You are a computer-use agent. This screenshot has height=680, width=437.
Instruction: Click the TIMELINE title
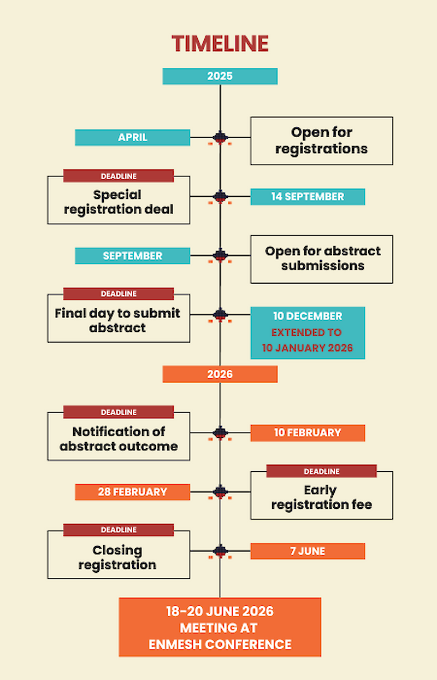tap(220, 44)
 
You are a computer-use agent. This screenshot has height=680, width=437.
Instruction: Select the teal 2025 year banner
tap(220, 76)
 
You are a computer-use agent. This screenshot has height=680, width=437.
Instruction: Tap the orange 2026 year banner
tap(220, 374)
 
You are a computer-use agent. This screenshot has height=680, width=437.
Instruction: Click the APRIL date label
tap(132, 137)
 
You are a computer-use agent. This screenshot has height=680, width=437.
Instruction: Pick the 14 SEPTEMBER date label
tap(308, 197)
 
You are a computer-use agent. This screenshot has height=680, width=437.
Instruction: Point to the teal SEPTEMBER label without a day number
tap(132, 256)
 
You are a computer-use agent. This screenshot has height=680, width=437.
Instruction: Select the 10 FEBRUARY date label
tap(308, 433)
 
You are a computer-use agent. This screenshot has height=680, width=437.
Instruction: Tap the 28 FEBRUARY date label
tap(132, 492)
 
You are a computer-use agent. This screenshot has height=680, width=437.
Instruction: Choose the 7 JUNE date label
tap(308, 551)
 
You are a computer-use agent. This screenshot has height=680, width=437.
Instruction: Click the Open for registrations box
tap(321, 140)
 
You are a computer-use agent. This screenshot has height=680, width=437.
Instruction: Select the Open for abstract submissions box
tap(321, 259)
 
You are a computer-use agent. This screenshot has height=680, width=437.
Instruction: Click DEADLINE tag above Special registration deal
tap(119, 176)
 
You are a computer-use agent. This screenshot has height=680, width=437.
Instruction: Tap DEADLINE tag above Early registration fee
tap(321, 471)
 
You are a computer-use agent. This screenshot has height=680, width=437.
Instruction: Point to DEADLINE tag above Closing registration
tap(119, 530)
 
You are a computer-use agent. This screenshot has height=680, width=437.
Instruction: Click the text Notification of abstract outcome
tap(119, 439)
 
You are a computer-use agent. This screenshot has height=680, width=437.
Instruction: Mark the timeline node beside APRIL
tap(220, 137)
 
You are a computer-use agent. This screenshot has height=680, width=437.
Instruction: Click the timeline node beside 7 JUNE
tap(220, 550)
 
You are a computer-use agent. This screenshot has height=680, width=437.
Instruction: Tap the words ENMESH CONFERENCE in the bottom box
tap(220, 644)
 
